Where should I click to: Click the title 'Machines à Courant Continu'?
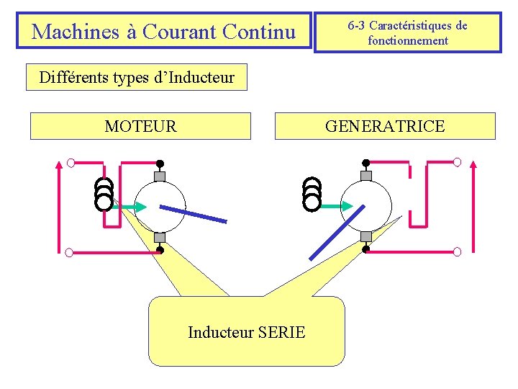(164, 31)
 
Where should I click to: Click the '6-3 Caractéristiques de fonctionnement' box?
(407, 32)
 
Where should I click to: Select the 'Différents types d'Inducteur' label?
(137, 77)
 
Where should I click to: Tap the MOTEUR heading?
(140, 126)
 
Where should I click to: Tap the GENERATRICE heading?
(385, 126)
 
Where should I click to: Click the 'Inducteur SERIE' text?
(246, 332)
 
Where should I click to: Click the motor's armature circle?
(160, 206)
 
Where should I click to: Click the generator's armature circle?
(366, 206)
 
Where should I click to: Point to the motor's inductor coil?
(104, 193)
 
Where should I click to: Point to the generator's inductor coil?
(312, 193)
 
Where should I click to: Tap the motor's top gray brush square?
(160, 176)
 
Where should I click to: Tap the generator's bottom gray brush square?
(366, 236)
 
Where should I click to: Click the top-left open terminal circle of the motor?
(71, 162)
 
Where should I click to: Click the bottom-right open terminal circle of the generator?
(457, 251)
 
